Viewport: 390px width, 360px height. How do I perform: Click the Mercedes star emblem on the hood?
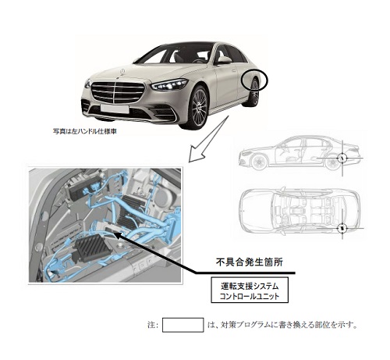click(x=122, y=71)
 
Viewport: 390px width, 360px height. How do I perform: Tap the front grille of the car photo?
click(x=118, y=92)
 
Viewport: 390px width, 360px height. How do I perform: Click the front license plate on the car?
click(x=115, y=109)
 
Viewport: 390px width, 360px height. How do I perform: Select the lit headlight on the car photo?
click(x=169, y=84)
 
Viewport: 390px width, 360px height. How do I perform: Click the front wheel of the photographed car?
click(x=199, y=107)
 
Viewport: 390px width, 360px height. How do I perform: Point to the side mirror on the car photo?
click(x=224, y=60)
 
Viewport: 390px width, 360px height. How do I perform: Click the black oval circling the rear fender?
click(x=254, y=80)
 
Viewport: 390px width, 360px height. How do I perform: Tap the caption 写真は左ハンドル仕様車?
click(x=85, y=131)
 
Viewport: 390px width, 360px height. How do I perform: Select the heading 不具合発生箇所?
click(x=250, y=262)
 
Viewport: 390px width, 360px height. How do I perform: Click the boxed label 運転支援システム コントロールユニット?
click(x=250, y=290)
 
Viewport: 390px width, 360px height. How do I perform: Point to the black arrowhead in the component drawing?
click(x=117, y=235)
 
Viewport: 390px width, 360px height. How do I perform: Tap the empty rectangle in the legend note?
click(x=183, y=325)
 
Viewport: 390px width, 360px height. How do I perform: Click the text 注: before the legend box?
click(x=153, y=325)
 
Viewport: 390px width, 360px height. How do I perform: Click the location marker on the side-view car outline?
click(x=342, y=158)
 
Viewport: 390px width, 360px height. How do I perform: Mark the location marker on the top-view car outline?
click(x=342, y=228)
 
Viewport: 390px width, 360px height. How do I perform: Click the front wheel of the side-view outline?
click(x=260, y=162)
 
